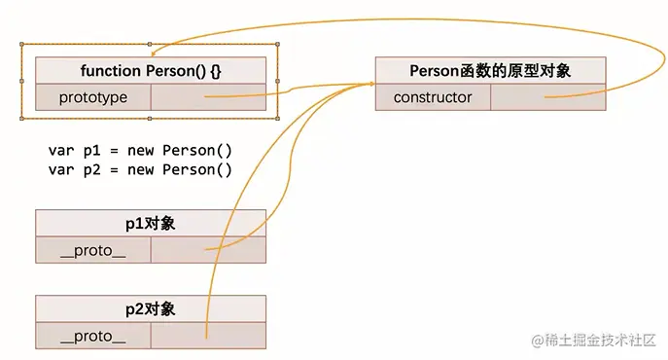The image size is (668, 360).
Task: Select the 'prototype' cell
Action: (x=92, y=97)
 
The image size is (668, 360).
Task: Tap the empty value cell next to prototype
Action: (x=208, y=97)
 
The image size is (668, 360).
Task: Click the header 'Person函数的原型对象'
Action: (x=491, y=70)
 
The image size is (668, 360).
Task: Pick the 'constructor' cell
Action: (x=433, y=97)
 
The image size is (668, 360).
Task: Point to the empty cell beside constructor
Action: (x=548, y=97)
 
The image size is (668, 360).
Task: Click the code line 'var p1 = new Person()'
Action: (x=140, y=151)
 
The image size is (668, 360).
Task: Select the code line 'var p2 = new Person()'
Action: (x=140, y=169)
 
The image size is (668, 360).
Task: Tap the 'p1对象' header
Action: (x=150, y=223)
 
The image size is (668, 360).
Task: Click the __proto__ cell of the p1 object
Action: (x=93, y=250)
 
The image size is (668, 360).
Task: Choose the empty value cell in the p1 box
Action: (x=208, y=250)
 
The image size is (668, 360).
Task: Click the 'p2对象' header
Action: (x=150, y=309)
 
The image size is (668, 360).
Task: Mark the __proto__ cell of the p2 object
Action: (x=93, y=337)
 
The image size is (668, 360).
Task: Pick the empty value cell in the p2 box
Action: (x=208, y=337)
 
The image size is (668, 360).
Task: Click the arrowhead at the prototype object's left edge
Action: (x=370, y=86)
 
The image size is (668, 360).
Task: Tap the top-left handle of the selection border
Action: (x=22, y=45)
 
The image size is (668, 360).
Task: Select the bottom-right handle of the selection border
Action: (x=279, y=117)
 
